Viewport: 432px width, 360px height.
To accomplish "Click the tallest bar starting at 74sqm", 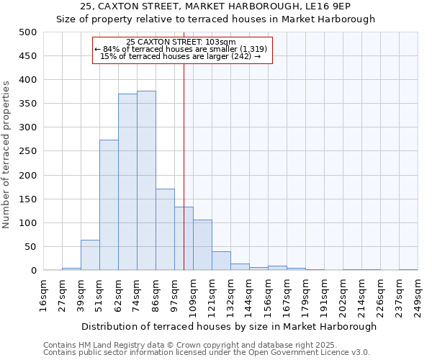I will [146, 181].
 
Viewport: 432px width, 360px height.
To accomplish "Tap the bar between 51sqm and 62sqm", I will [109, 205].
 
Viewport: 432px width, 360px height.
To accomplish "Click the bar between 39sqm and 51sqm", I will [90, 256].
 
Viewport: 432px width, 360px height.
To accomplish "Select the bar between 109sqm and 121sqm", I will [202, 246].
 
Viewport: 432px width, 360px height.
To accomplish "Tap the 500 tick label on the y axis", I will [28, 32].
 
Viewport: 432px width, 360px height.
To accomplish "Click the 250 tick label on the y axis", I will [28, 151].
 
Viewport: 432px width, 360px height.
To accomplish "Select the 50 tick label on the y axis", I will [31, 247].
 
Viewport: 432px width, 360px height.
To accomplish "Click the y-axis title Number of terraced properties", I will [6, 155].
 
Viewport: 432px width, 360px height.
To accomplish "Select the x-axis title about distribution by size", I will [229, 326].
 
